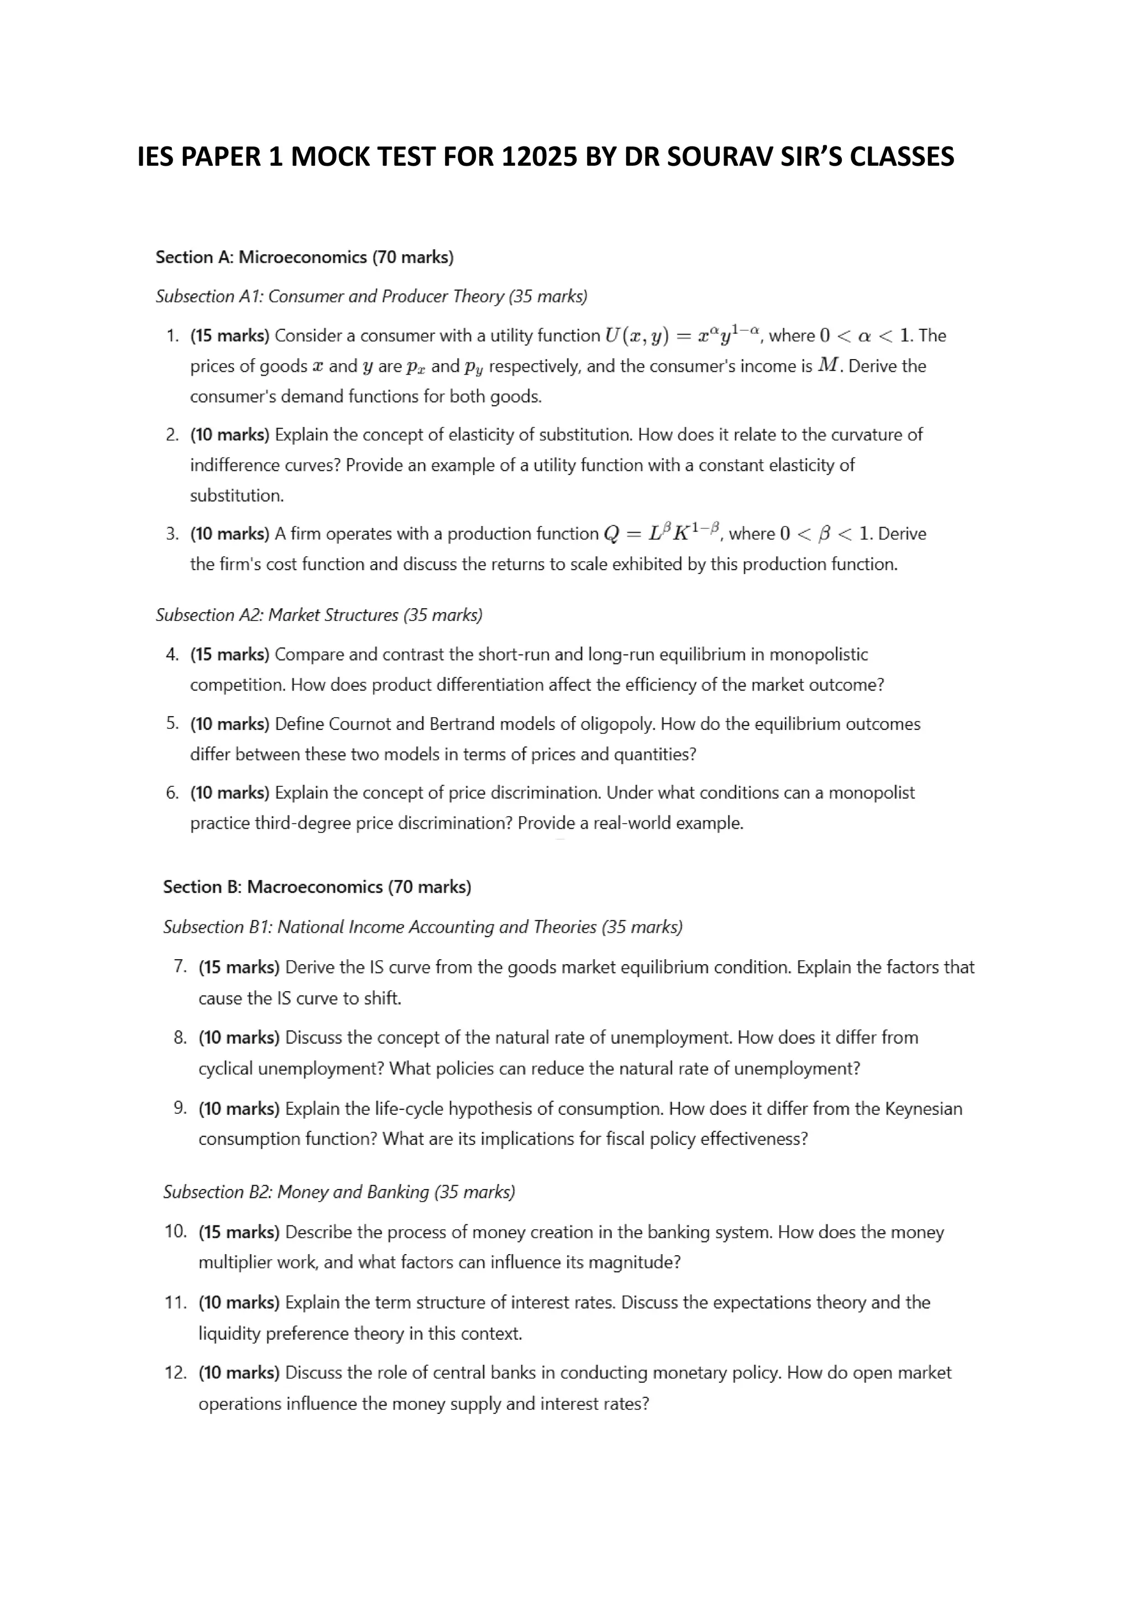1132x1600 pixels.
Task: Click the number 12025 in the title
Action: pyautogui.click(x=539, y=157)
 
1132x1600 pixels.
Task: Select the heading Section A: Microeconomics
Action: pyautogui.click(x=304, y=257)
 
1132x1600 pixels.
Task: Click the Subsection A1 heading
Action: pyautogui.click(x=371, y=296)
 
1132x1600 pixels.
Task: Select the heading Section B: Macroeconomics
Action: pyautogui.click(x=317, y=887)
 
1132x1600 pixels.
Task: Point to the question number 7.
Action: pyautogui.click(x=180, y=966)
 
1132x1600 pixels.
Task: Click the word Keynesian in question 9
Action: pyautogui.click(x=923, y=1109)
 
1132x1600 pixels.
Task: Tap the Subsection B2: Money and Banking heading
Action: pyautogui.click(x=339, y=1192)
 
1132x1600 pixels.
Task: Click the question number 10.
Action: pyautogui.click(x=176, y=1231)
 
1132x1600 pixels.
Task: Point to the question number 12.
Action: pyautogui.click(x=176, y=1373)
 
